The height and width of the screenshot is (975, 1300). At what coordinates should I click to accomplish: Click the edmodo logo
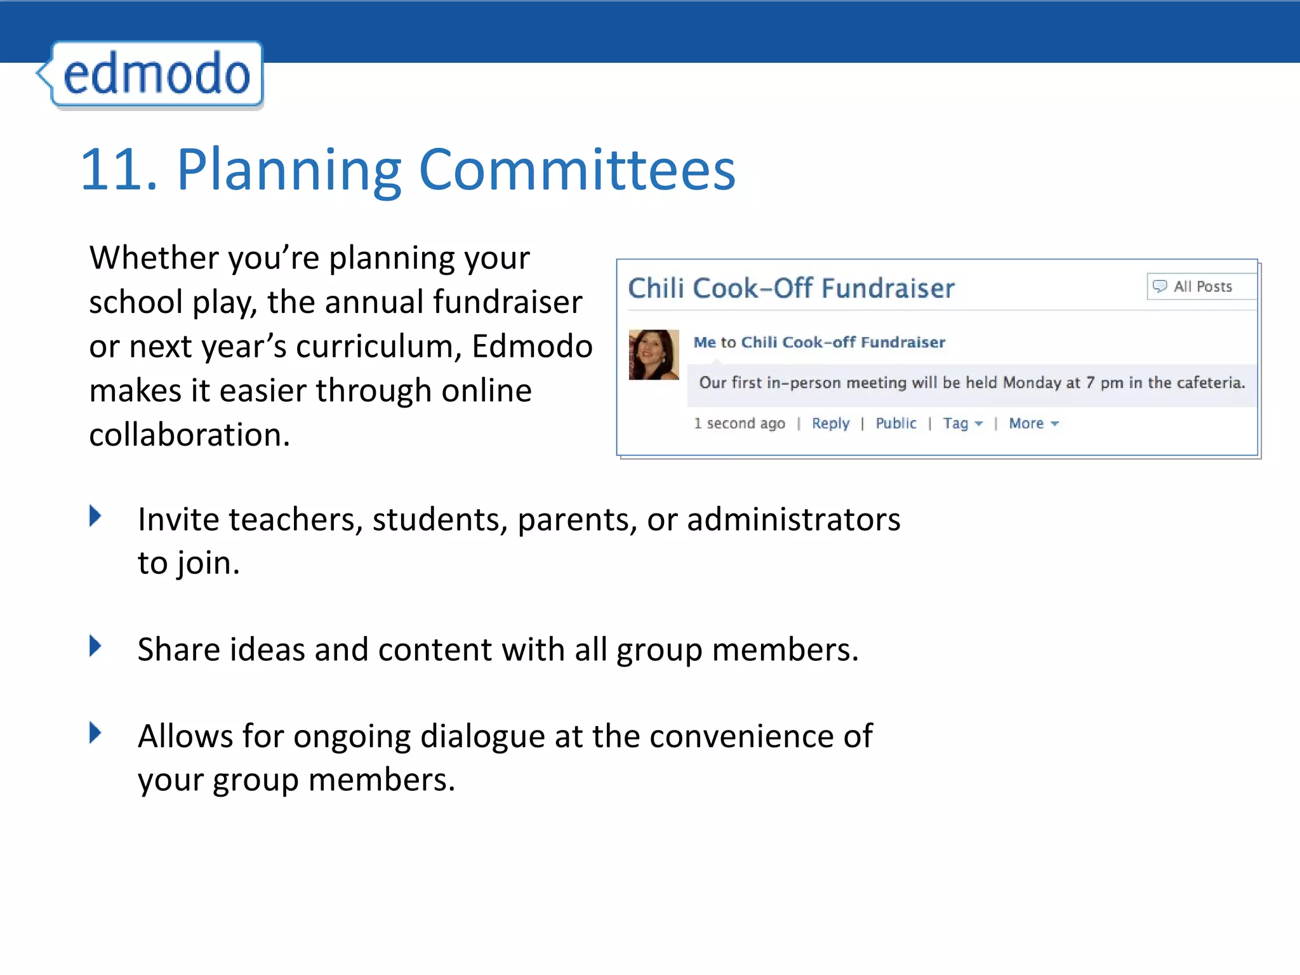[x=156, y=75]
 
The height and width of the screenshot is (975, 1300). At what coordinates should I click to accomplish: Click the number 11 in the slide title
[x=117, y=169]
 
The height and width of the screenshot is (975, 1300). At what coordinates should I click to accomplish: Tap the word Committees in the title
[x=576, y=169]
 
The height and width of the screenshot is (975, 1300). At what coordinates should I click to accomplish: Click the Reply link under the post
[x=830, y=423]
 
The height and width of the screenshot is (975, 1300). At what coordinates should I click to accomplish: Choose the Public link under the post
[x=896, y=423]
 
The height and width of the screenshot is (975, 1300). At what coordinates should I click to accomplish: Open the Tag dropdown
[x=962, y=423]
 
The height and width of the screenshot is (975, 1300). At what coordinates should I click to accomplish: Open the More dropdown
[x=1033, y=423]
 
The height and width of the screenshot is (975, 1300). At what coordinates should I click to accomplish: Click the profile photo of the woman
[x=653, y=354]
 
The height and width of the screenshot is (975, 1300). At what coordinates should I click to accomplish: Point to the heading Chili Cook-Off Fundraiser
[x=791, y=288]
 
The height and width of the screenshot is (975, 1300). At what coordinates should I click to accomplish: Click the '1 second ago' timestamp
[x=739, y=423]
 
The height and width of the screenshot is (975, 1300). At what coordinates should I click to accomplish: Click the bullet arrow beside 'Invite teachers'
[x=95, y=515]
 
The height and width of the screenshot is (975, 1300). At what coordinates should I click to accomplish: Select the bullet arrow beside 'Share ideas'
[x=95, y=646]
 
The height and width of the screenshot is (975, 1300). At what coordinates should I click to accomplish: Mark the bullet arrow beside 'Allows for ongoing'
[x=95, y=733]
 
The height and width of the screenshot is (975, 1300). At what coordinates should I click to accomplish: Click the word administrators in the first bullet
[x=793, y=519]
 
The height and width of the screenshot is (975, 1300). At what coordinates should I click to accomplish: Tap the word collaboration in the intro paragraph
[x=189, y=435]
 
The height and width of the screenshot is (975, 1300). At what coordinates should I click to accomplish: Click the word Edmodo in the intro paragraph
[x=532, y=347]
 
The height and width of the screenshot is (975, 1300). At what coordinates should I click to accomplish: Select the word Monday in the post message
[x=1032, y=383]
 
